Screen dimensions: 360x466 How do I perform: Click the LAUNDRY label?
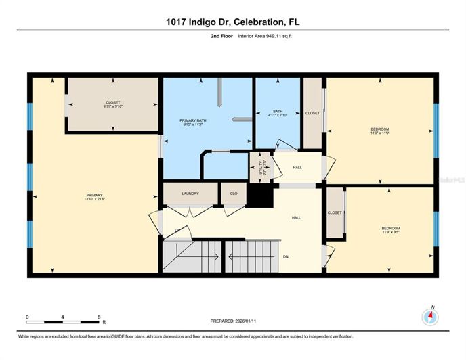click(x=190, y=194)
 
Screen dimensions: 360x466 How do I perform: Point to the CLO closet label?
click(x=234, y=194)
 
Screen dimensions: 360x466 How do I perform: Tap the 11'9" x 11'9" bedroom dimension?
click(x=380, y=133)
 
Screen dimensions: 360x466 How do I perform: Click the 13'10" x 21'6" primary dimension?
click(x=93, y=199)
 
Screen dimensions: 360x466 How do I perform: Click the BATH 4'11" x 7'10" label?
click(x=278, y=114)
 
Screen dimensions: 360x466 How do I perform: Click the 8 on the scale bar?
click(x=100, y=317)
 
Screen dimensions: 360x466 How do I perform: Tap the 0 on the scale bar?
click(x=28, y=317)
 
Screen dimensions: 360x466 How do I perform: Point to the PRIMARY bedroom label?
click(x=93, y=194)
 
